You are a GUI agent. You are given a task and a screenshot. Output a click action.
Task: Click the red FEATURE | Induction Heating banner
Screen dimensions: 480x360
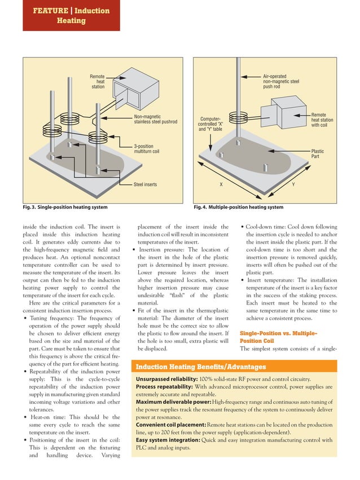pyautogui.click(x=71, y=15)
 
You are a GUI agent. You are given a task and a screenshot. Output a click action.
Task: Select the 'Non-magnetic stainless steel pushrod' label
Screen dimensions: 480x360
pyautogui.click(x=155, y=119)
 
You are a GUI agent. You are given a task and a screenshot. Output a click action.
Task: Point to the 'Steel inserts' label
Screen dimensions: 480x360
pyautogui.click(x=145, y=184)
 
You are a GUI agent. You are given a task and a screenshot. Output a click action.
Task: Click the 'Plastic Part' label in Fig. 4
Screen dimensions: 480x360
pyautogui.click(x=318, y=154)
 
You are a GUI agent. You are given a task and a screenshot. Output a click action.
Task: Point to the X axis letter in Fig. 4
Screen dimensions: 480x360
pyautogui.click(x=221, y=184)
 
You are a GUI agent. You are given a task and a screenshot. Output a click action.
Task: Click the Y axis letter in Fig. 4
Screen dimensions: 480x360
pyautogui.click(x=292, y=184)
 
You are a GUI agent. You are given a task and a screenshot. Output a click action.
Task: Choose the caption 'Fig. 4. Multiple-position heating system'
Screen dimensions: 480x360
pyautogui.click(x=238, y=207)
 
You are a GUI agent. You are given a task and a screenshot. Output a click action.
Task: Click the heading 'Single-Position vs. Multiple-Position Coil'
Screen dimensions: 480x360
pyautogui.click(x=278, y=337)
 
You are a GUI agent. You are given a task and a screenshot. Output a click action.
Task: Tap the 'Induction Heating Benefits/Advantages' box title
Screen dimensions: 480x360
pyautogui.click(x=201, y=367)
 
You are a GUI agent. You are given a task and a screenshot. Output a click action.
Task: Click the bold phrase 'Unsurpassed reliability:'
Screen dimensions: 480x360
pyautogui.click(x=165, y=380)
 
